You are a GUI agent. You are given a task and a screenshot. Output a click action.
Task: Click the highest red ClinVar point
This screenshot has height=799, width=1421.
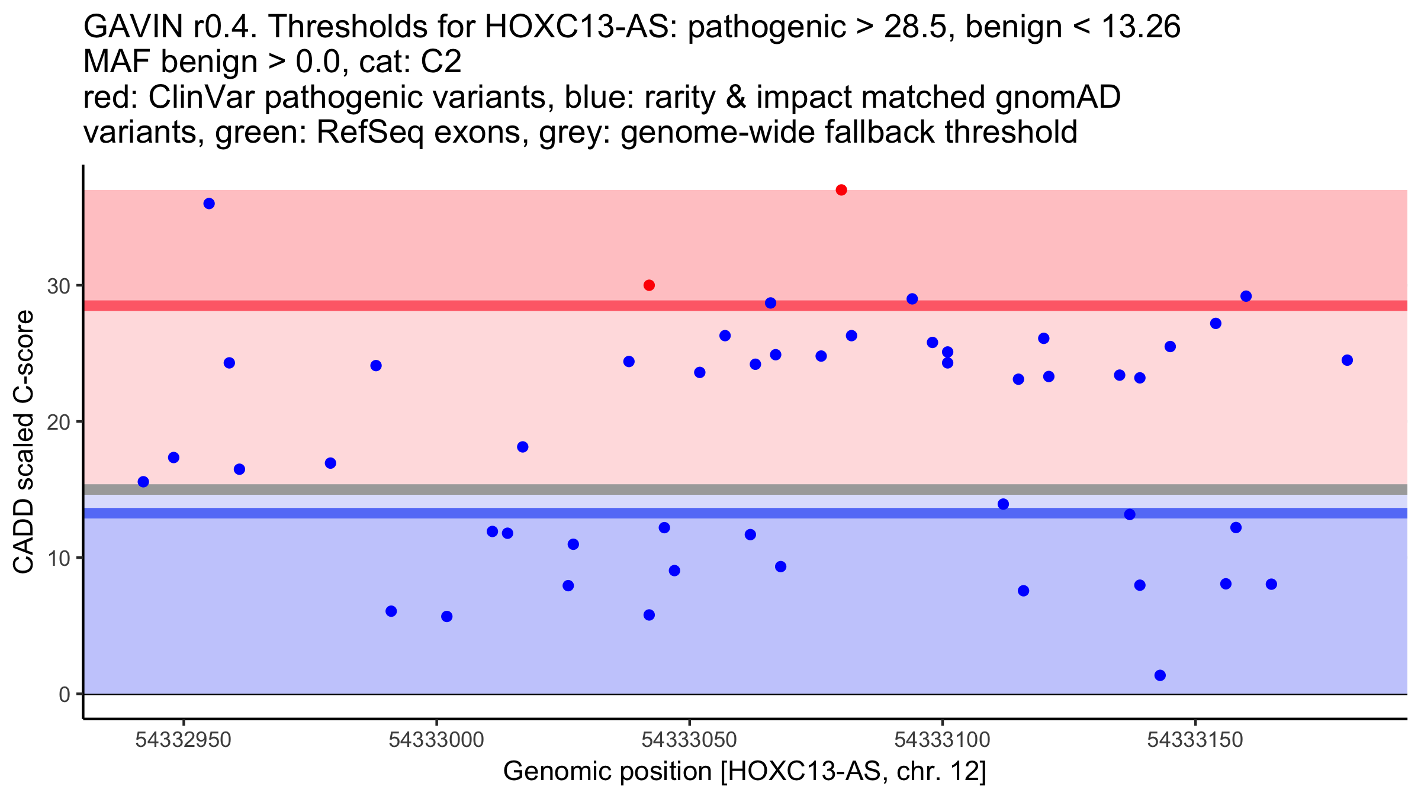click(841, 190)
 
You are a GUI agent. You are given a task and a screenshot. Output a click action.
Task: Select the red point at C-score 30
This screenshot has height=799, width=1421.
click(649, 285)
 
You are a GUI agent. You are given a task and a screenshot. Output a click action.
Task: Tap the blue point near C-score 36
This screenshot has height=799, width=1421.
click(209, 204)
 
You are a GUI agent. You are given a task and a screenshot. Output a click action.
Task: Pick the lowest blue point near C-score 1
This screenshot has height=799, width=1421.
click(1160, 675)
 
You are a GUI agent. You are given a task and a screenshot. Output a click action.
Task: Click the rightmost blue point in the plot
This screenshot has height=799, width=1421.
click(1347, 360)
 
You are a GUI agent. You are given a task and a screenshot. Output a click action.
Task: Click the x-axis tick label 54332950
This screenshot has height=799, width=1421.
click(183, 740)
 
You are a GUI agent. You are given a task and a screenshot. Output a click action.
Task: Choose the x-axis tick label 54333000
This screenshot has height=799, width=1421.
click(436, 740)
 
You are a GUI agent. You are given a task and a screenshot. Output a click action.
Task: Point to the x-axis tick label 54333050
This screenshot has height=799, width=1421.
click(689, 740)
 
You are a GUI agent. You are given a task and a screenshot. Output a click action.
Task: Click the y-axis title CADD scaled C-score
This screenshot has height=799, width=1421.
click(24, 442)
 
